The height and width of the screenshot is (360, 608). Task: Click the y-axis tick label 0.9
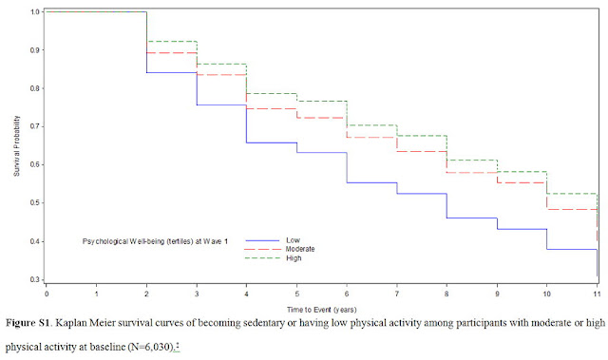pyautogui.click(x=35, y=50)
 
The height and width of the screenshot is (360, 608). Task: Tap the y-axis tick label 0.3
pyautogui.click(x=35, y=279)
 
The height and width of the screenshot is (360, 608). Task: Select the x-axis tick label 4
pyautogui.click(x=247, y=294)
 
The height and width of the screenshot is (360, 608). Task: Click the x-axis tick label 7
pyautogui.click(x=397, y=294)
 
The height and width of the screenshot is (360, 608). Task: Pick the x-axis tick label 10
pyautogui.click(x=547, y=294)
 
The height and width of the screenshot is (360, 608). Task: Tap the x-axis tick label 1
pyautogui.click(x=97, y=294)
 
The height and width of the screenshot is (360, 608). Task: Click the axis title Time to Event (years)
pyautogui.click(x=321, y=310)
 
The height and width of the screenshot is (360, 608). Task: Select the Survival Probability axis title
pyautogui.click(x=17, y=146)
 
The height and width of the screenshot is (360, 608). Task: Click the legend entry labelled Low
pyautogui.click(x=294, y=240)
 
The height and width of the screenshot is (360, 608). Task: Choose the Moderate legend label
pyautogui.click(x=300, y=249)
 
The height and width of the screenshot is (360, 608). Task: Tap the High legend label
pyautogui.click(x=294, y=258)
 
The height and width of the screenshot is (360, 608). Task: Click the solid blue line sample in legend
pyautogui.click(x=262, y=240)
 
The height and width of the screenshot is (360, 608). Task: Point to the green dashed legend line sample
pyautogui.click(x=262, y=258)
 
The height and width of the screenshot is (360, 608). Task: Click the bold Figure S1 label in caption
pyautogui.click(x=28, y=323)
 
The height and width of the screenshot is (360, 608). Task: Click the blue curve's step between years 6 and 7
pyautogui.click(x=371, y=182)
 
